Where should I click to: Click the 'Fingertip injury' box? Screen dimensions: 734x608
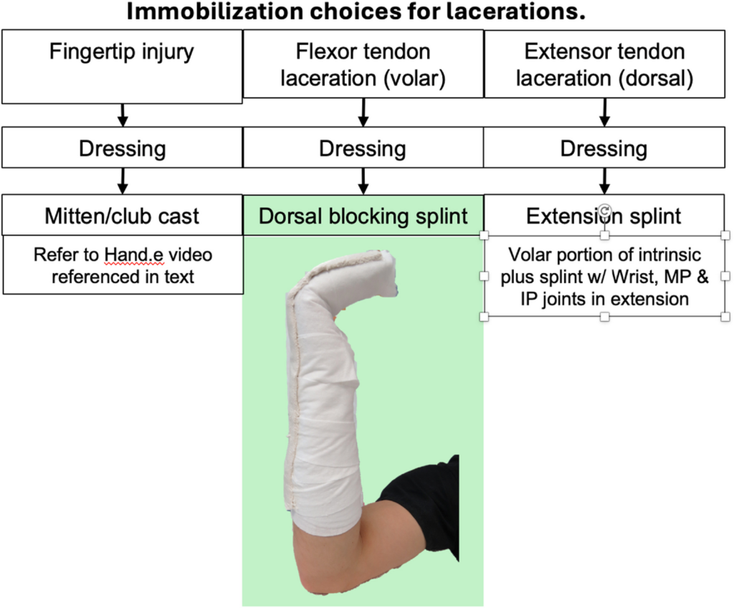(122, 67)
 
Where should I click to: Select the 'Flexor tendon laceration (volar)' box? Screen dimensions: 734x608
(363, 65)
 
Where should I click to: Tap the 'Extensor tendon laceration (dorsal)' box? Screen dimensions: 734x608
(604, 65)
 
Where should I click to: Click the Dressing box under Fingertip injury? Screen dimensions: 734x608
(122, 148)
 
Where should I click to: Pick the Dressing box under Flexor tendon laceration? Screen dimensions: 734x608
(363, 148)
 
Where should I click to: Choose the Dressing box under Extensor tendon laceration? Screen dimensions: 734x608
(604, 148)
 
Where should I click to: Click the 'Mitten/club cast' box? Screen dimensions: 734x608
(122, 215)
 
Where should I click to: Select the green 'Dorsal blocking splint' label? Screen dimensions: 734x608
(363, 216)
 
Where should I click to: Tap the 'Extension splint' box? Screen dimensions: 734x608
(604, 216)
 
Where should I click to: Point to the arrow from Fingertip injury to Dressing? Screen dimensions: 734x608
(123, 115)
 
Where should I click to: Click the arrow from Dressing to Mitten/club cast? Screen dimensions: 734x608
(123, 181)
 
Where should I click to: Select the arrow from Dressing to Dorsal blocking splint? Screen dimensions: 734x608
(363, 181)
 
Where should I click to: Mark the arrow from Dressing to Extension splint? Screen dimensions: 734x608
(604, 181)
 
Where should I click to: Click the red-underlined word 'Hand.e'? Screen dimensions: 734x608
(134, 255)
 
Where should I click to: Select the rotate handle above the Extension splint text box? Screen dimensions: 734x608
(604, 210)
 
